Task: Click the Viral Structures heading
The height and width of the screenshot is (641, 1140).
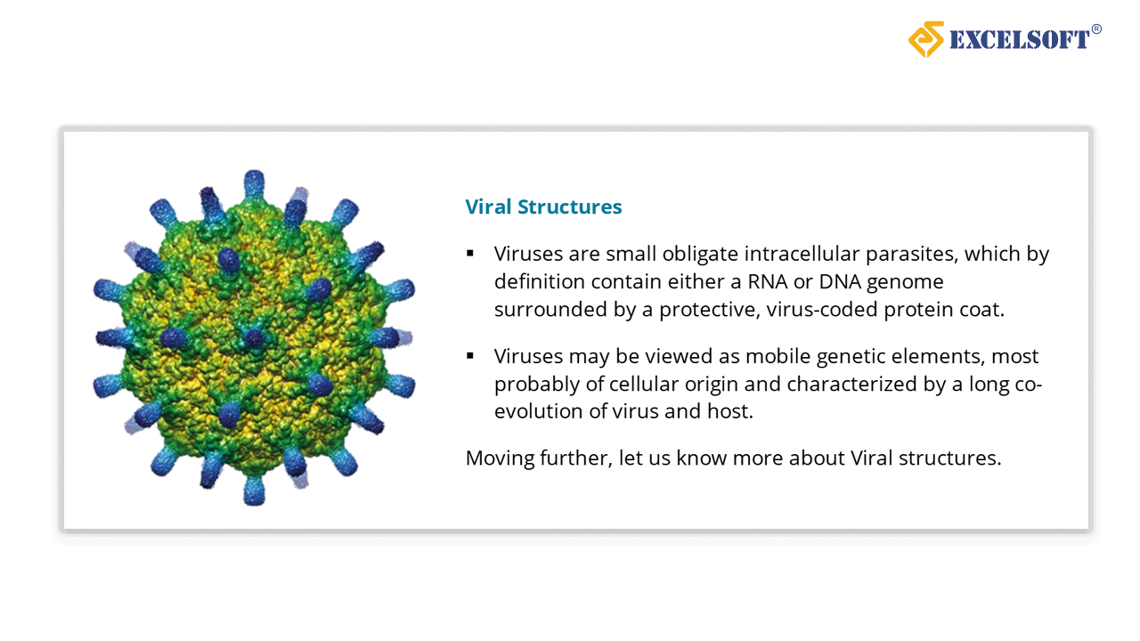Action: [543, 207]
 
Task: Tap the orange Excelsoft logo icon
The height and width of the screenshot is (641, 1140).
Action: [926, 39]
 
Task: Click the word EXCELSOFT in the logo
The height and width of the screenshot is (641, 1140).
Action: [1020, 40]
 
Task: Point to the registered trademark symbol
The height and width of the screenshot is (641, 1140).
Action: [1096, 29]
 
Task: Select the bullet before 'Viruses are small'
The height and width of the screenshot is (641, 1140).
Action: [469, 253]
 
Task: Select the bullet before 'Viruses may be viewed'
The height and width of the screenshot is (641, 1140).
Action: [469, 355]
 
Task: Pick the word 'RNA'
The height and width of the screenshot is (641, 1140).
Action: [768, 281]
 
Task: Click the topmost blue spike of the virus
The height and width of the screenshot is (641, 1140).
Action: [254, 183]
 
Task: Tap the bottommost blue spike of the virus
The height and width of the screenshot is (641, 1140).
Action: [254, 491]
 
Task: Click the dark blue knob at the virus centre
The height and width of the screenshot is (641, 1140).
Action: [254, 337]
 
